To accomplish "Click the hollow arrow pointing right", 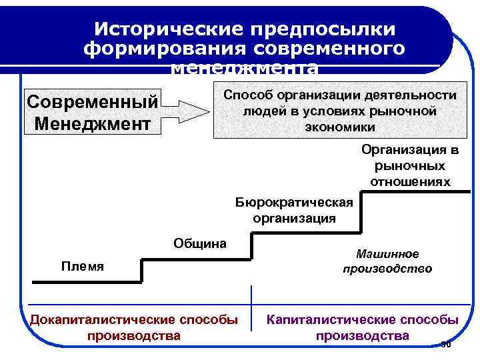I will pos(187,110).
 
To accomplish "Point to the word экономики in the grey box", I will pos(340,127).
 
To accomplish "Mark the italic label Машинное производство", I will pos(387,261).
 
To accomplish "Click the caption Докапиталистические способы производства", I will pos(134,327).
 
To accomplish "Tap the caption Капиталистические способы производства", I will pos(363,327).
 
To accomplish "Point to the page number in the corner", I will pos(446,344).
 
